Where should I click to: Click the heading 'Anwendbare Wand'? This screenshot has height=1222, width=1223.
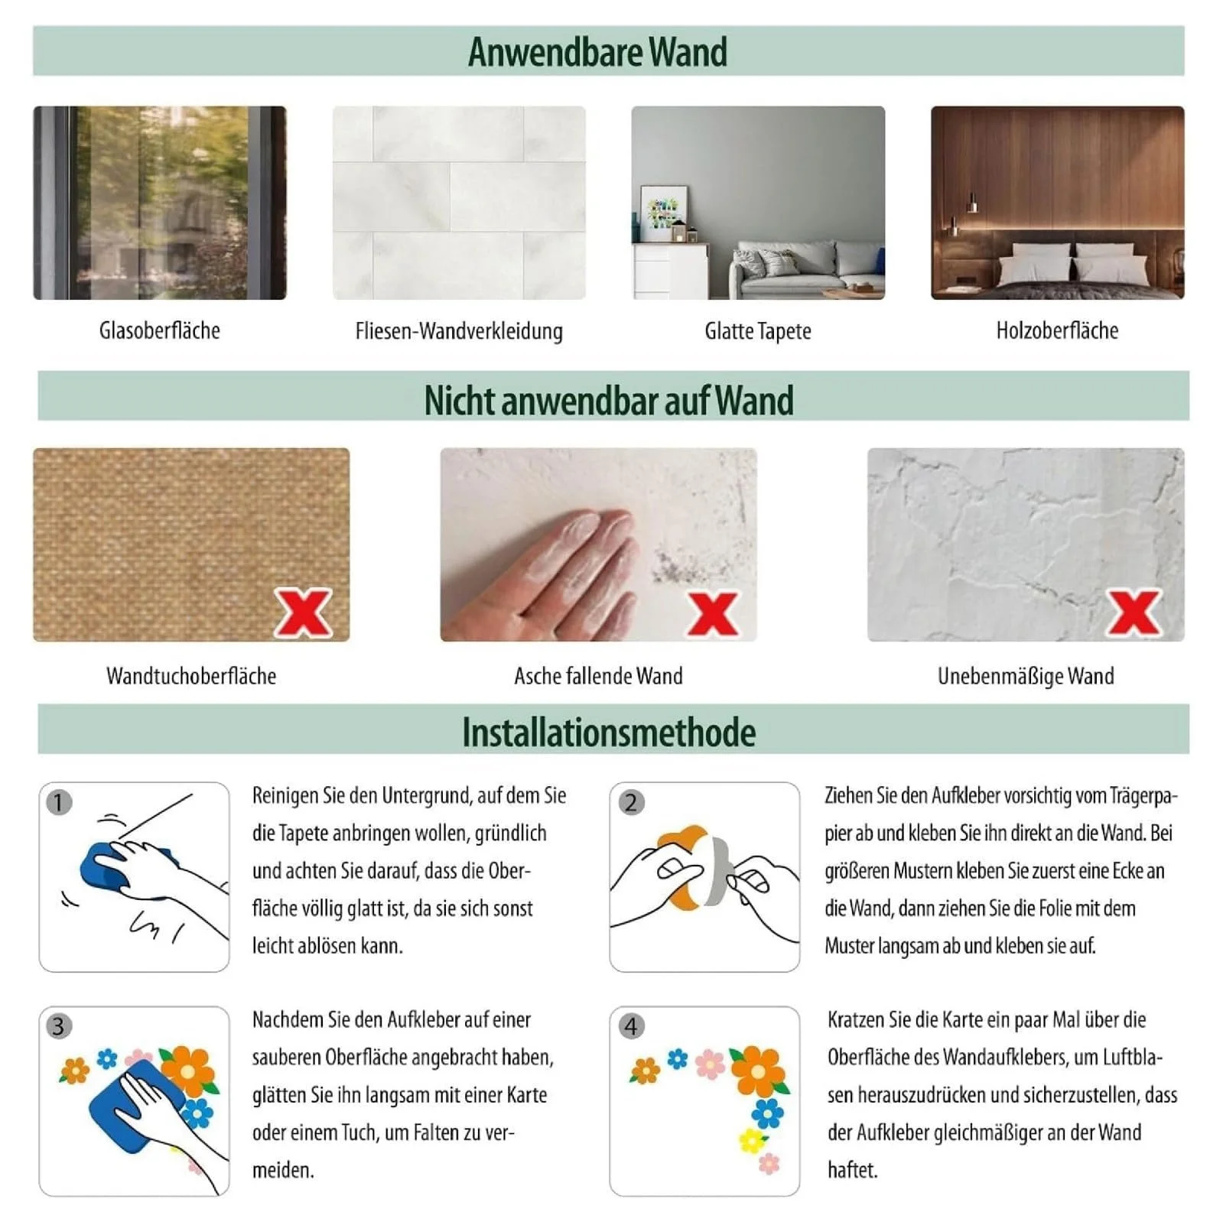pyautogui.click(x=597, y=52)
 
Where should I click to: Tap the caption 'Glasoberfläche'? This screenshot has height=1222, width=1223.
pyautogui.click(x=160, y=330)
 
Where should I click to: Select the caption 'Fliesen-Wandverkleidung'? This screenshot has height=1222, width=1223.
pyautogui.click(x=459, y=331)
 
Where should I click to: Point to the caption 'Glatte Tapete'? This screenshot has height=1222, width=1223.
pyautogui.click(x=758, y=331)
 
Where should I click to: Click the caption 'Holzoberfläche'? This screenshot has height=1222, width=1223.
pyautogui.click(x=1057, y=330)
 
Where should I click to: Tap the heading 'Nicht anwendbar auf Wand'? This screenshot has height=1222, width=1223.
pyautogui.click(x=609, y=401)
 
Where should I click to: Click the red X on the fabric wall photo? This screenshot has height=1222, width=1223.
pyautogui.click(x=303, y=613)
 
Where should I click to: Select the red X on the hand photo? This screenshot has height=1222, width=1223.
pyautogui.click(x=713, y=614)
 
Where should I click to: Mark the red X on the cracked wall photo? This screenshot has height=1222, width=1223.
pyautogui.click(x=1134, y=613)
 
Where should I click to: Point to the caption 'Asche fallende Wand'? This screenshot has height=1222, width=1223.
pyautogui.click(x=598, y=676)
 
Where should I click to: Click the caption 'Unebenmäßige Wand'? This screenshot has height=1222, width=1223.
pyautogui.click(x=1026, y=676)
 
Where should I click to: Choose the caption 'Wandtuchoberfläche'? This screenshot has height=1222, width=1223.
pyautogui.click(x=191, y=676)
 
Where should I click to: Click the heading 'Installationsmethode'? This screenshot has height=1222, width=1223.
pyautogui.click(x=609, y=733)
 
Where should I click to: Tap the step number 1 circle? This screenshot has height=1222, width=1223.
pyautogui.click(x=59, y=802)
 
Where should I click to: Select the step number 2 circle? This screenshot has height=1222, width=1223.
pyautogui.click(x=631, y=802)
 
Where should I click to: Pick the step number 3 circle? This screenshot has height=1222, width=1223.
pyautogui.click(x=59, y=1026)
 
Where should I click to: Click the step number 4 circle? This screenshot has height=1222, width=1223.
pyautogui.click(x=631, y=1026)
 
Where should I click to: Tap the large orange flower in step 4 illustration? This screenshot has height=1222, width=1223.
pyautogui.click(x=758, y=1071)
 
